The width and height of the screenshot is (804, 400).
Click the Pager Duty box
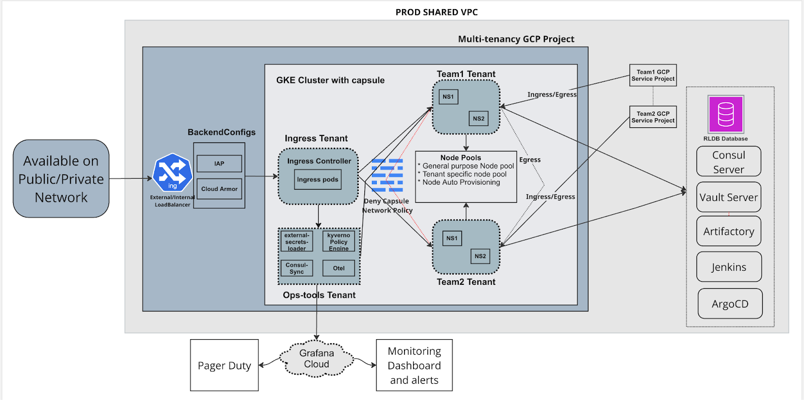tap(224, 365)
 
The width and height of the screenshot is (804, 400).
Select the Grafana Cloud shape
tap(317, 359)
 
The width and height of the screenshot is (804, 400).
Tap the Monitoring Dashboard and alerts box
tap(414, 365)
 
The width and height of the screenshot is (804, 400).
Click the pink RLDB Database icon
tap(726, 114)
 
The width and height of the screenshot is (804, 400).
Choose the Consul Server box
tap(729, 162)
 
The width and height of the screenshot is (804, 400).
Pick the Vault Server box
tap(729, 197)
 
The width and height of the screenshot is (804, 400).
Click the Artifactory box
tap(729, 231)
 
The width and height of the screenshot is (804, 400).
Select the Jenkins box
tap(729, 267)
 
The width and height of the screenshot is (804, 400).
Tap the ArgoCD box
tap(730, 304)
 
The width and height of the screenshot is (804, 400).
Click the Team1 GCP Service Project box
tap(653, 75)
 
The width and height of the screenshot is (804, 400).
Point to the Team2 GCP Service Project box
tap(653, 117)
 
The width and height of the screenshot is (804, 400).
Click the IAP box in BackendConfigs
tap(219, 164)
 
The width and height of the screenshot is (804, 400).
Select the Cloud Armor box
tap(219, 189)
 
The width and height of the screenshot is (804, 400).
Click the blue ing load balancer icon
tap(172, 173)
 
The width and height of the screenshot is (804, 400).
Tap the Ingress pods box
tap(318, 180)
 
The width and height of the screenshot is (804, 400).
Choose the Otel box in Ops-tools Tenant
tap(339, 268)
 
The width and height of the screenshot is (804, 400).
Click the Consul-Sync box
tap(296, 268)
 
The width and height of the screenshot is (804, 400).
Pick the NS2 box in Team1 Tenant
tap(478, 119)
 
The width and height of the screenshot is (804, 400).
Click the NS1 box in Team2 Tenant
tap(452, 238)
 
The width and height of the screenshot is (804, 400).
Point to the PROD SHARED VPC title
tap(437, 12)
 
